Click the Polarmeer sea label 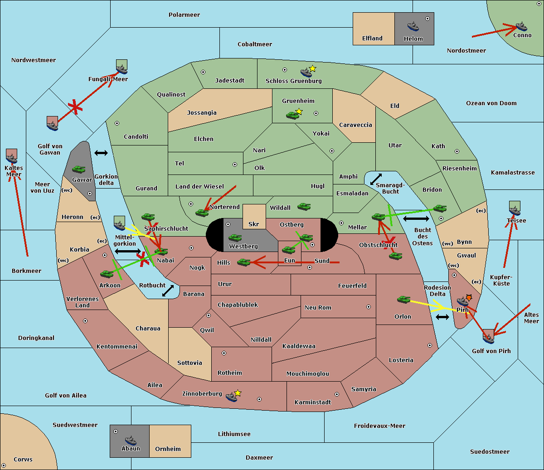(x=184, y=15)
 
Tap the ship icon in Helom (x=413, y=26)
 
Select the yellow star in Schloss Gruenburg (x=312, y=68)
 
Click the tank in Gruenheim (x=292, y=115)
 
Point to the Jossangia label (x=202, y=113)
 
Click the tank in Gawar (x=79, y=170)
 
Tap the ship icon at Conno (x=521, y=26)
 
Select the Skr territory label (x=253, y=224)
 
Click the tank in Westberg (x=235, y=237)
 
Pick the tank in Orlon (x=403, y=300)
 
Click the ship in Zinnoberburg (x=232, y=397)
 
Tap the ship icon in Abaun (x=130, y=440)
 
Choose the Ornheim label (x=168, y=449)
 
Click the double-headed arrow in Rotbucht (x=168, y=291)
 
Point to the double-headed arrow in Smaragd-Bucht (x=376, y=179)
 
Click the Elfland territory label (x=372, y=39)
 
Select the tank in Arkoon (x=107, y=274)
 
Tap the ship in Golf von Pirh (x=488, y=338)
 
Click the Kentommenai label (x=117, y=347)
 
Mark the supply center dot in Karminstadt (x=337, y=394)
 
